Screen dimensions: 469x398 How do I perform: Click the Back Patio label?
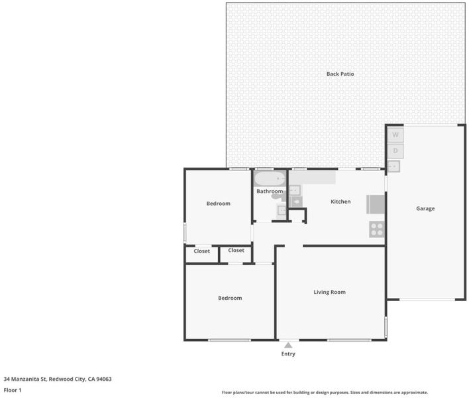(340, 74)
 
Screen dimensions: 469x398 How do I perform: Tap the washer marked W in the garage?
(395, 135)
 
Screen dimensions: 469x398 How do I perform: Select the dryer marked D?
(395, 151)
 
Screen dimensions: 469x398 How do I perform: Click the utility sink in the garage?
(393, 166)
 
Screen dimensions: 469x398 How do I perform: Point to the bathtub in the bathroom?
(270, 178)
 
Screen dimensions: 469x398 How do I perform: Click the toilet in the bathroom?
(278, 196)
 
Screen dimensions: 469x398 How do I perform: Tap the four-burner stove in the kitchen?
(376, 230)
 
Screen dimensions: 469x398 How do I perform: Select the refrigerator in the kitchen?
(376, 204)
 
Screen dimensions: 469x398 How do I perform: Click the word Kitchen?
(340, 202)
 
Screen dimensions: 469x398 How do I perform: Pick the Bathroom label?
(270, 191)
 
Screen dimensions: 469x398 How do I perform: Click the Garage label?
(425, 208)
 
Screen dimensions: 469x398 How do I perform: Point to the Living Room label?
(329, 292)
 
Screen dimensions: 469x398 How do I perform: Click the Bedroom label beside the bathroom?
(219, 204)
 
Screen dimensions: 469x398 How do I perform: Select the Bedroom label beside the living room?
(230, 298)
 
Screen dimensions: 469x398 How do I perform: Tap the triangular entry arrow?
(288, 346)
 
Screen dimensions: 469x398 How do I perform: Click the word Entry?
(288, 354)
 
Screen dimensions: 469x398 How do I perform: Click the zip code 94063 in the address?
(104, 379)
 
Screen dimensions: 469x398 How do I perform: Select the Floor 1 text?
(13, 390)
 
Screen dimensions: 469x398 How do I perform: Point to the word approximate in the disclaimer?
(414, 392)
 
